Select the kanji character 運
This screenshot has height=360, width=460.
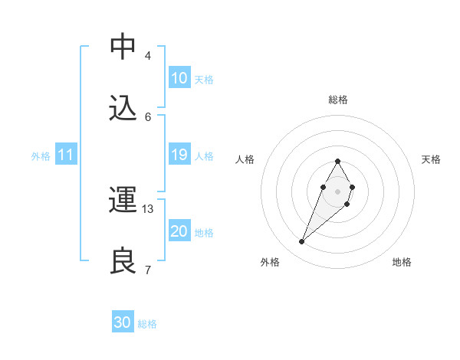(x=123, y=200)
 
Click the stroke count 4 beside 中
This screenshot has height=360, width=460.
(x=148, y=55)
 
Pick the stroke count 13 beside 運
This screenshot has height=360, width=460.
(x=149, y=209)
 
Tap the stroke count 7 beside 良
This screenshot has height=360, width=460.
(x=148, y=270)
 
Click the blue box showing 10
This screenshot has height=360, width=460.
(x=179, y=78)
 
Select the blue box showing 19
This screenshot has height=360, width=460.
(x=179, y=155)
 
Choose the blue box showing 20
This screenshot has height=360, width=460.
(x=179, y=231)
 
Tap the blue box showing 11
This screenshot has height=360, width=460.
(x=66, y=155)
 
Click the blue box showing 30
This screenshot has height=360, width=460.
(x=123, y=322)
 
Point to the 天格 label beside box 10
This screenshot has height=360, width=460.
(x=204, y=80)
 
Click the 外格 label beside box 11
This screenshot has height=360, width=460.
(x=41, y=156)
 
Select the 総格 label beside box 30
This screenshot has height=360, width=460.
(x=147, y=324)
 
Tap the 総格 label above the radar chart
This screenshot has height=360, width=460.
(x=337, y=100)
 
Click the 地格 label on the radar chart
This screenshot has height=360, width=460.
(x=402, y=262)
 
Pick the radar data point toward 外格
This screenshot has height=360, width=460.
(x=302, y=242)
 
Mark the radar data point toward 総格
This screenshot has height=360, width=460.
(x=337, y=161)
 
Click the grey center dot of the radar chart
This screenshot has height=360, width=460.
(x=337, y=190)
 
